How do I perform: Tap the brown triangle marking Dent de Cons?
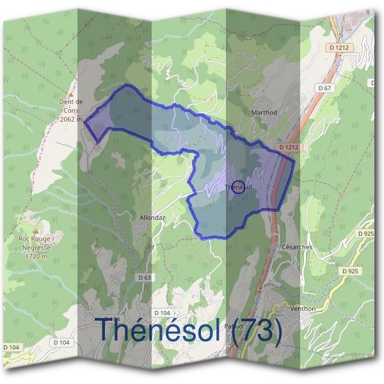[x=72, y=92]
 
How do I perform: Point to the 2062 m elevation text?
[x=70, y=119]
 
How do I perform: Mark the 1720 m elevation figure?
[x=38, y=255]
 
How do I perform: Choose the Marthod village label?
[x=264, y=111]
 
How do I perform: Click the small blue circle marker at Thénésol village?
[x=238, y=187]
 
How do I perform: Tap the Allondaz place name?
[x=153, y=218]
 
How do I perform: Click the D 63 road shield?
[x=145, y=277]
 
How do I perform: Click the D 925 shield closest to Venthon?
[x=349, y=271]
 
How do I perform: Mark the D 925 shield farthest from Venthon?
[x=366, y=234]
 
